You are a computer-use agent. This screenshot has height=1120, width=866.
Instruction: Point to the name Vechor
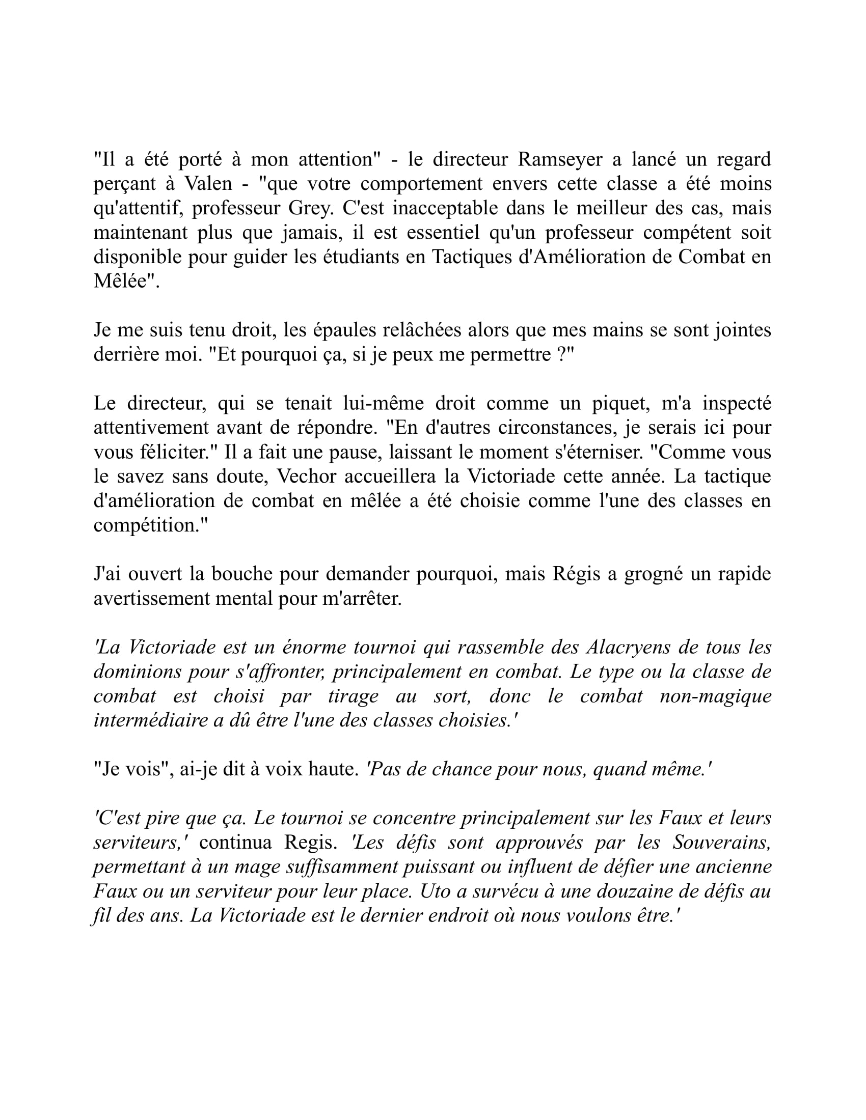[306, 477]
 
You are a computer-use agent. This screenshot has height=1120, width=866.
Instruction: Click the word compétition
[149, 525]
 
